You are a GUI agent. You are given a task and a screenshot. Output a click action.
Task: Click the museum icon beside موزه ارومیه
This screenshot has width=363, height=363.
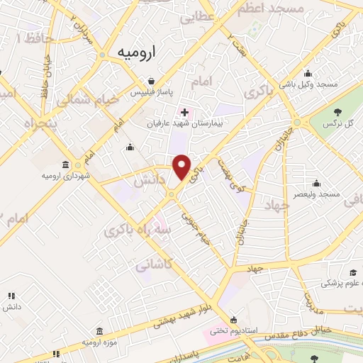(99, 332)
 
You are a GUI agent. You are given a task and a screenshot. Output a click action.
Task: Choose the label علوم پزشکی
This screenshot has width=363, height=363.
(343, 284)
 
